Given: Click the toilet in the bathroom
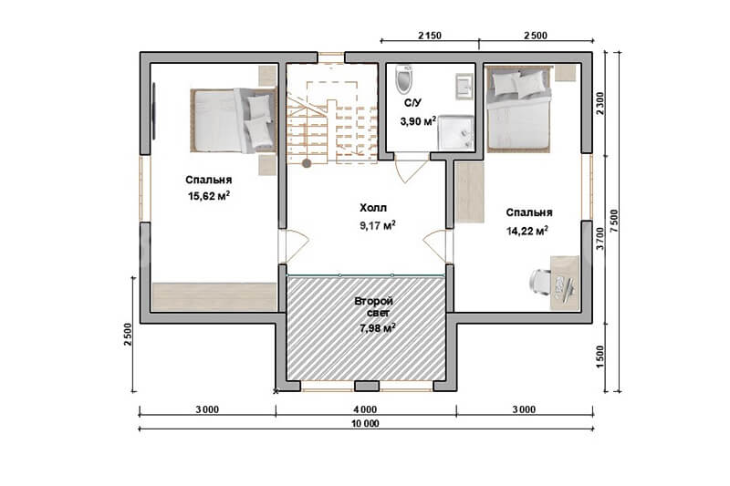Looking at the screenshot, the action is pyautogui.click(x=403, y=79).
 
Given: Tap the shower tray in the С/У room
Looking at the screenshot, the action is pyautogui.click(x=455, y=133).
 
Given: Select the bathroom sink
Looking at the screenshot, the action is pyautogui.click(x=464, y=86).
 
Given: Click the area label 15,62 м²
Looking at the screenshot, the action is pyautogui.click(x=209, y=196).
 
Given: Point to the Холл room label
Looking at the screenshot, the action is pyautogui.click(x=373, y=208).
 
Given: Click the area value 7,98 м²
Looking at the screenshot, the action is pyautogui.click(x=377, y=328).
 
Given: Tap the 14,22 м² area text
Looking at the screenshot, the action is pyautogui.click(x=527, y=231).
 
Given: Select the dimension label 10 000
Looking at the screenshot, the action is pyautogui.click(x=365, y=424).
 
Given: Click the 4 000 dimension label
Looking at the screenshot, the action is pyautogui.click(x=365, y=409).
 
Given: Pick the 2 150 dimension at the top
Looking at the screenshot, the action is pyautogui.click(x=430, y=36).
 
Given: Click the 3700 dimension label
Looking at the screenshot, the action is pyautogui.click(x=600, y=239).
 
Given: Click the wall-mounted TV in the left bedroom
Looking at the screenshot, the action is pyautogui.click(x=154, y=110).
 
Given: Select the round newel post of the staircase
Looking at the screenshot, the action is pyautogui.click(x=307, y=163).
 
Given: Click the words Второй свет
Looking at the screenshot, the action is pyautogui.click(x=373, y=307).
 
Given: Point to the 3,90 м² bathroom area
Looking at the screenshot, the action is pyautogui.click(x=418, y=121).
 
